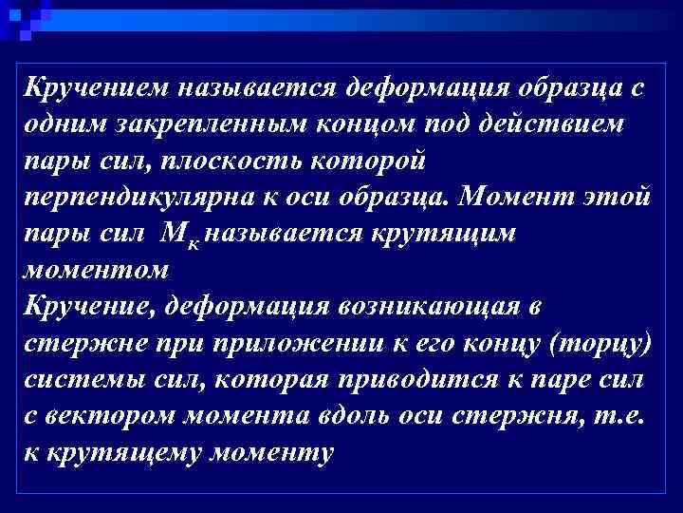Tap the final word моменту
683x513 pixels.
coord(274,453)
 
